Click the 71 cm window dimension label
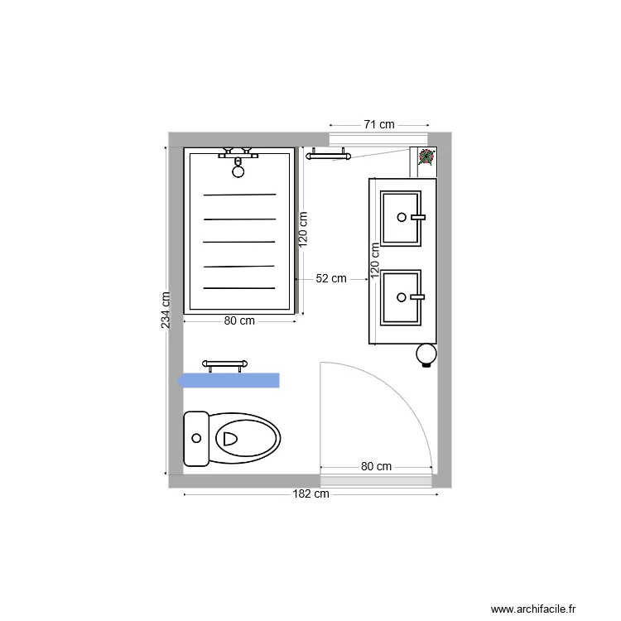(x=379, y=124)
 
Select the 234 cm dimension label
(x=166, y=310)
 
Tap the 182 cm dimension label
(x=311, y=494)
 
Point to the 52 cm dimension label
(x=331, y=279)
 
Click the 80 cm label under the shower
(x=239, y=321)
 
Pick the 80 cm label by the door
(x=376, y=466)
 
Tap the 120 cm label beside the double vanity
(x=375, y=258)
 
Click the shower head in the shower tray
(x=238, y=171)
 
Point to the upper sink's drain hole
(x=402, y=217)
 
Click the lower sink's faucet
(x=416, y=296)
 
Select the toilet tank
(x=196, y=438)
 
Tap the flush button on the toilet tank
(x=196, y=437)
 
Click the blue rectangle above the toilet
(x=229, y=380)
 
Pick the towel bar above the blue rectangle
(x=226, y=363)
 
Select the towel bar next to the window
(x=328, y=154)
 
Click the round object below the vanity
(x=426, y=354)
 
